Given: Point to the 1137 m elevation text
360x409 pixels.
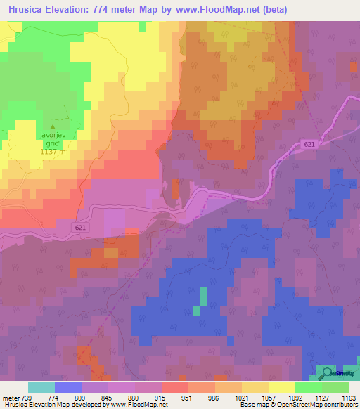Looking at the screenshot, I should coord(53,151).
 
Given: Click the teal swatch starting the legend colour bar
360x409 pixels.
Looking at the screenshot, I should coord(41,387).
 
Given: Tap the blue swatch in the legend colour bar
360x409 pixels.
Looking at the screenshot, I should coord(68,387).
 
